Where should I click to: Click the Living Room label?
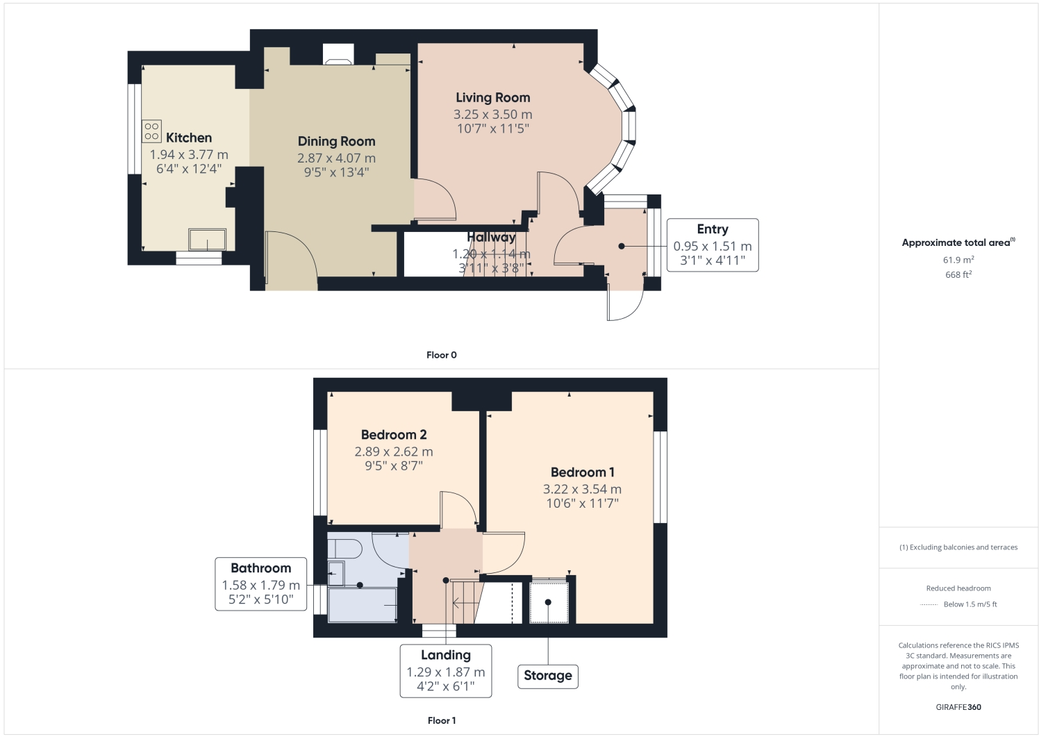(x=492, y=98)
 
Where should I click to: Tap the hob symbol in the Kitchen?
(x=151, y=131)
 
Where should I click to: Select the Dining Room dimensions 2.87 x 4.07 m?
(x=336, y=158)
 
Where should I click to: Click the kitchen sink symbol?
(x=208, y=240)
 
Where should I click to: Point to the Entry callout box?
(x=712, y=245)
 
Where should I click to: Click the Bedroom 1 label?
(x=582, y=472)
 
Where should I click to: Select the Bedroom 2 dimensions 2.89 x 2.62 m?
(x=393, y=452)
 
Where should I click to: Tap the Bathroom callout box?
(x=260, y=584)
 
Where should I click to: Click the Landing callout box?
(x=445, y=671)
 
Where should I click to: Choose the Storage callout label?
(x=547, y=676)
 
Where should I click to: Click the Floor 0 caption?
(x=441, y=355)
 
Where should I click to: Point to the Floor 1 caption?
(x=441, y=720)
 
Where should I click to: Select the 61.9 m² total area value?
(x=958, y=260)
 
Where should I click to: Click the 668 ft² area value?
(x=958, y=274)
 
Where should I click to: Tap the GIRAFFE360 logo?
(x=958, y=707)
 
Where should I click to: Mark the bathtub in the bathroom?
(x=362, y=605)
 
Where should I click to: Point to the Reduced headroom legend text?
(x=958, y=588)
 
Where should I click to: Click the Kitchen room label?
(x=188, y=138)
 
